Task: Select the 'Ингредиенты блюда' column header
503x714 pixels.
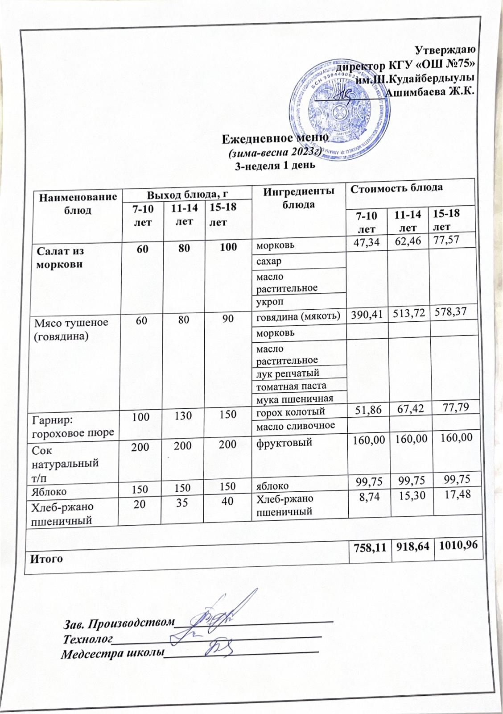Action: [298, 198]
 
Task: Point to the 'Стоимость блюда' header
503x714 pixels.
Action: [396, 188]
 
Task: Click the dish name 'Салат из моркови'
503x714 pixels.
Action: [60, 257]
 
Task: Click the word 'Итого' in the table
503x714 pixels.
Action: [46, 558]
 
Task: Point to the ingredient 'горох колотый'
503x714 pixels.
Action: [290, 411]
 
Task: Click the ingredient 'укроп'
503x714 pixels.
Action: [269, 302]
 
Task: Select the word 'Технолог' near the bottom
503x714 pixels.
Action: [87, 639]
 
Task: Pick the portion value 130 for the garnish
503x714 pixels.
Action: [183, 415]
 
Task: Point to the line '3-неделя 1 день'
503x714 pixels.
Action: [275, 166]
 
